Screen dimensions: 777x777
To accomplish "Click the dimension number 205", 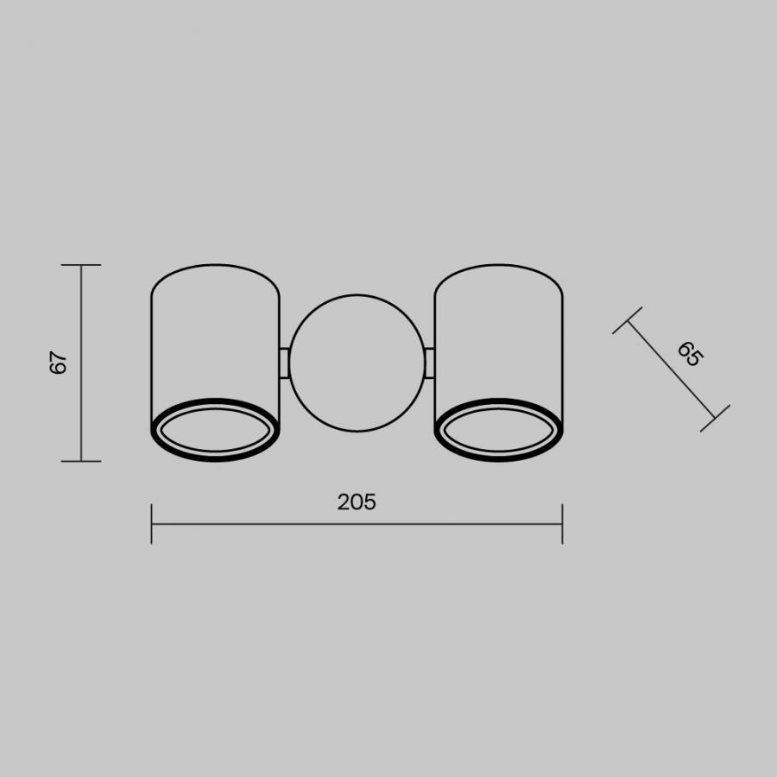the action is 357,502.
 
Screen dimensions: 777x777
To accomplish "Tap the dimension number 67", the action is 59,363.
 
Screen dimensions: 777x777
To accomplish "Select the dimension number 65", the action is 691,354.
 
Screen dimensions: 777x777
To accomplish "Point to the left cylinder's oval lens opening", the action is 215,450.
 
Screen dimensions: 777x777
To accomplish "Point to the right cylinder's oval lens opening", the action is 498,450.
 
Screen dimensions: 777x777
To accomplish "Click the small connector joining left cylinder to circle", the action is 284,363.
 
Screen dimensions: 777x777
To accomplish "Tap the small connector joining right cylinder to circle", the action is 430,363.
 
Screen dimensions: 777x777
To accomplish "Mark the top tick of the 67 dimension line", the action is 81,265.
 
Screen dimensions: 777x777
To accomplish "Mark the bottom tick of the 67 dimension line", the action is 81,461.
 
